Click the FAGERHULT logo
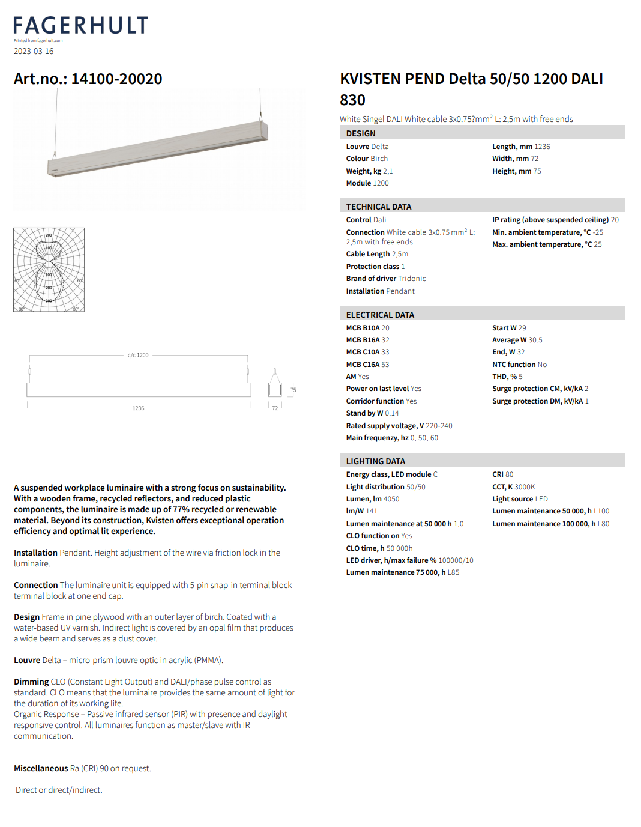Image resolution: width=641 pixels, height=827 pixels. (x=81, y=25)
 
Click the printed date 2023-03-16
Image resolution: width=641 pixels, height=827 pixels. (x=34, y=52)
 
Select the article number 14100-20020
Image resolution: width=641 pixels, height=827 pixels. (x=116, y=79)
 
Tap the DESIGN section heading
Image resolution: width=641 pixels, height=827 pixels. (x=361, y=133)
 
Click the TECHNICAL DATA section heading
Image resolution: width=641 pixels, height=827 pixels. (x=379, y=207)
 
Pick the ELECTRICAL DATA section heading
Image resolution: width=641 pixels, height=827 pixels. (x=380, y=315)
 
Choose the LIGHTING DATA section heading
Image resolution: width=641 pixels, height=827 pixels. (x=376, y=461)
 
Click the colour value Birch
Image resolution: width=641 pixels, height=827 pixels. (x=379, y=159)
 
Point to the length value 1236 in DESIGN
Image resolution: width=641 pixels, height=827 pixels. (x=542, y=147)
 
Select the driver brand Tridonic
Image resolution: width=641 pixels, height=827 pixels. (x=412, y=279)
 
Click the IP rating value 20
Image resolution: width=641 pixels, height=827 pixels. (x=615, y=220)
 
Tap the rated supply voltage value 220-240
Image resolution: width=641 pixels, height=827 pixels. (x=439, y=426)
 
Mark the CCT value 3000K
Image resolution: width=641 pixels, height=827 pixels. (x=525, y=487)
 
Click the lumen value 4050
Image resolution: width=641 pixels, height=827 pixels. (x=391, y=499)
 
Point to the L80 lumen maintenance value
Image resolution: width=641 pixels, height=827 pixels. (x=603, y=524)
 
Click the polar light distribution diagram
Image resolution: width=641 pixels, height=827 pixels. (x=49, y=270)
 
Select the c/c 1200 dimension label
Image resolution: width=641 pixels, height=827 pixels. (x=138, y=356)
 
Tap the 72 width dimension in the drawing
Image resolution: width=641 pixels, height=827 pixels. (x=275, y=408)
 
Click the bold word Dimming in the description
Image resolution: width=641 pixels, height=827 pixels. (x=31, y=682)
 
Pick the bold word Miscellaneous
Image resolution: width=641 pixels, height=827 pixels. (x=41, y=768)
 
